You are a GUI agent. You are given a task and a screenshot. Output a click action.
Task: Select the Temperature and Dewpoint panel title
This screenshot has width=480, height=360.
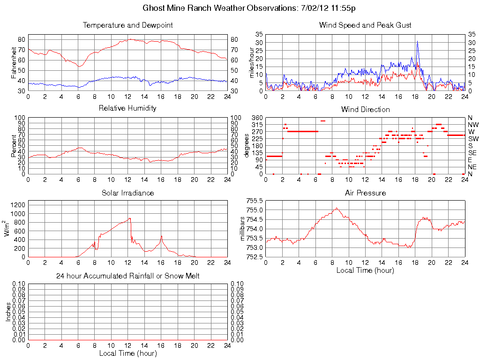coord(127,25)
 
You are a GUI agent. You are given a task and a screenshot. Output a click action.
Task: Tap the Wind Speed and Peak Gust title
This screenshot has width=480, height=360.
coord(365,25)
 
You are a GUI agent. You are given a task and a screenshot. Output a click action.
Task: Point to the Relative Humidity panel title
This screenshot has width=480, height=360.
coord(127,108)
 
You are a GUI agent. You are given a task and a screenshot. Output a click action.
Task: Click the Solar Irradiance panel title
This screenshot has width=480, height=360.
coord(127,193)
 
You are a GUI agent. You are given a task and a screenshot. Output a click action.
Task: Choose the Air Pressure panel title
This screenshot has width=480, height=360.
coord(365,193)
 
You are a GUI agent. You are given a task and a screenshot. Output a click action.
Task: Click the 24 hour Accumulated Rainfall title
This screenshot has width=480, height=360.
coord(127,276)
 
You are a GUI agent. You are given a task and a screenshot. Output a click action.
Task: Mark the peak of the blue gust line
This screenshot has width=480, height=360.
coord(417,41)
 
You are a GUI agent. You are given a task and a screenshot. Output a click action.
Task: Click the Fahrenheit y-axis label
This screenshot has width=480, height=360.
coord(14,63)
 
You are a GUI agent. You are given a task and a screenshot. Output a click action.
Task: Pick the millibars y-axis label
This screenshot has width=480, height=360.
coord(242,229)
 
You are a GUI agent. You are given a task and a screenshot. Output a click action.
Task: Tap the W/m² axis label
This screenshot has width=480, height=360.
coord(8,229)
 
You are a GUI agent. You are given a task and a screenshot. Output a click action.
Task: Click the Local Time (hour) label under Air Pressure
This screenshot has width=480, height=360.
coord(365,270)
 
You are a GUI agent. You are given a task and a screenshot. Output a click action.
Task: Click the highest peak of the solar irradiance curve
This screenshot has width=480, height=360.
coord(129,218)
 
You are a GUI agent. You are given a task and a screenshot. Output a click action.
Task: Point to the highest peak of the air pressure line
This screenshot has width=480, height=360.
coord(336,208)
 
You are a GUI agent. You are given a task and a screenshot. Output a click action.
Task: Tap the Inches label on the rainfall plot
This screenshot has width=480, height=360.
coord(8,312)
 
